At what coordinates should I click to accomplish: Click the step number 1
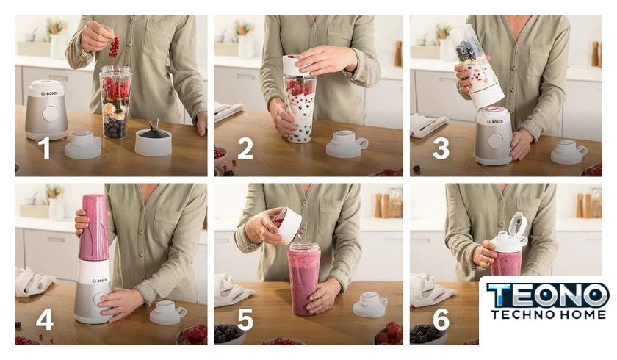pos(46,148)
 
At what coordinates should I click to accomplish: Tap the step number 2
pos(245,148)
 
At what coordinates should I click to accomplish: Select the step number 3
pos(441,148)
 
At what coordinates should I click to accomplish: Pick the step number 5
pos(245,319)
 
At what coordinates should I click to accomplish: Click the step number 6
pos(441,319)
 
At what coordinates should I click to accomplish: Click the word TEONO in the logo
pos(548,295)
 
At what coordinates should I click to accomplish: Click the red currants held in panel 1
pos(114,47)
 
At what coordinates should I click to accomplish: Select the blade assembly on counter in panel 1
pos(153,140)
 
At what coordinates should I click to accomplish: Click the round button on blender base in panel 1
pos(51,114)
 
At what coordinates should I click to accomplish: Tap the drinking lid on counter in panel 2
pos(347,143)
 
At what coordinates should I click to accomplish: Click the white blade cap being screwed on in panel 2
pos(299,65)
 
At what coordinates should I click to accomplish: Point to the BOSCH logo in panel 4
pos(99,281)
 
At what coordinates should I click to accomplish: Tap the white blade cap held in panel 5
pos(289,226)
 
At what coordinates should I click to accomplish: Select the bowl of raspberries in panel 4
pos(192,334)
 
